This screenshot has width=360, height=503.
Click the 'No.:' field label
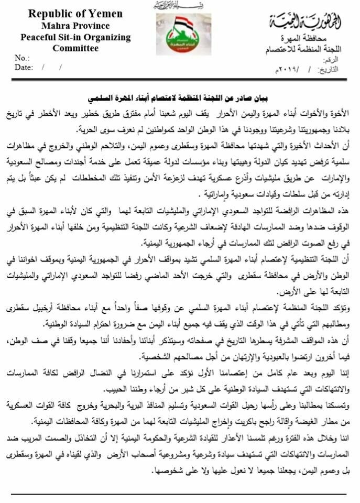tap(22, 58)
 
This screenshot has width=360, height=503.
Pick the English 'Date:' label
tap(24, 67)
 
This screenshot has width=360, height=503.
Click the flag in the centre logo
tap(183, 23)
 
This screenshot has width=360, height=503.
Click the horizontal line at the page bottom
tap(180, 494)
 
